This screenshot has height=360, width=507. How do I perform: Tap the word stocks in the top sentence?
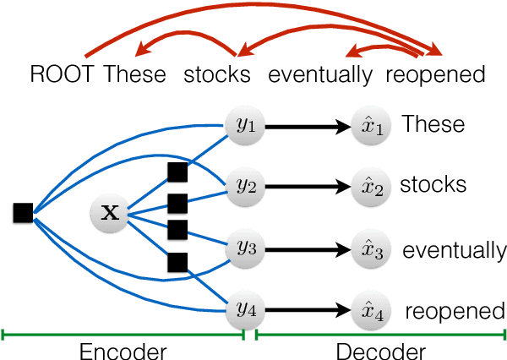click(218, 74)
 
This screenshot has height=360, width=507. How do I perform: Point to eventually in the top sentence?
click(320, 74)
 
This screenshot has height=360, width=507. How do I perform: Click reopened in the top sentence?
click(435, 74)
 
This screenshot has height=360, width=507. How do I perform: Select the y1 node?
click(245, 126)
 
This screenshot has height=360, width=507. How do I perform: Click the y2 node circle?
click(245, 186)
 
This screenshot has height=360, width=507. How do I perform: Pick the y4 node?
click(245, 310)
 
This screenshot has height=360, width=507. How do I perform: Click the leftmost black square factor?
click(23, 213)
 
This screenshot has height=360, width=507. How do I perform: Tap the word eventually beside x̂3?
click(454, 251)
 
